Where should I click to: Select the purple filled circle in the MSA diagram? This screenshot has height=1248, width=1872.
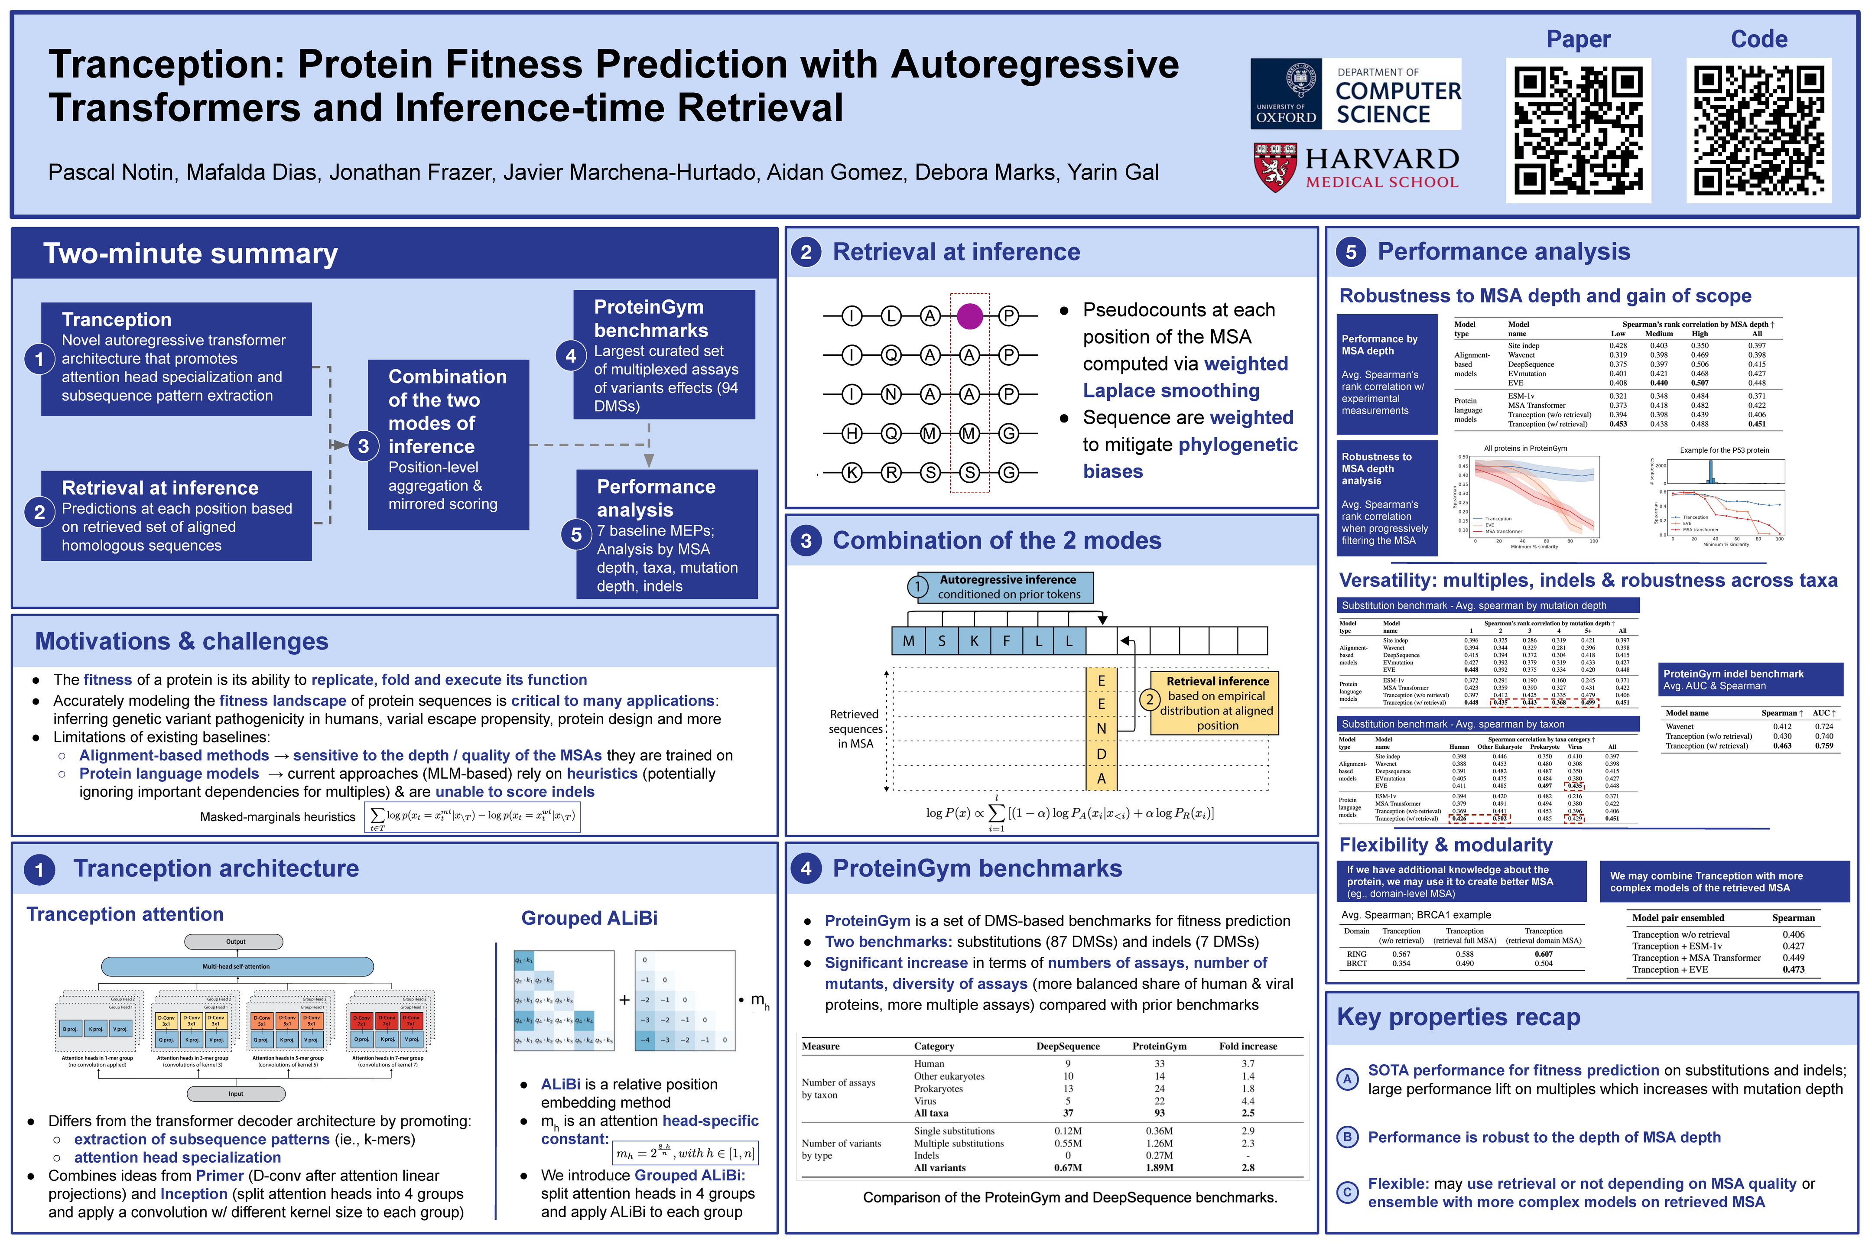tap(969, 316)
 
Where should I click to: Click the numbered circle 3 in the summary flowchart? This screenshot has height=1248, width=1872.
tap(363, 446)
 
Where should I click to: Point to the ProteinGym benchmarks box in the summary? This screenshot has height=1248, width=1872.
tap(664, 354)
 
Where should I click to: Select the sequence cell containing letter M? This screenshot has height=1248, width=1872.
tap(908, 641)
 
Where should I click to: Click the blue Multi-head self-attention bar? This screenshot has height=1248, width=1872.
tap(237, 966)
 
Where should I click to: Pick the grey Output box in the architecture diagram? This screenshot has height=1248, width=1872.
tap(234, 942)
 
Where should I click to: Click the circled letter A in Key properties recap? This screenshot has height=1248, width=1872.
tap(1347, 1079)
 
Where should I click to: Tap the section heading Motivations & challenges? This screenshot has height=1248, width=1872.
tap(182, 641)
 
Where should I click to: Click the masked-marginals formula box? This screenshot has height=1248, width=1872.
tap(472, 816)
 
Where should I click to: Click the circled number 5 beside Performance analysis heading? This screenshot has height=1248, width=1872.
tap(1351, 252)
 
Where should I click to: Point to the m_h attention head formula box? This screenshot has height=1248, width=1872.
tap(685, 1152)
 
